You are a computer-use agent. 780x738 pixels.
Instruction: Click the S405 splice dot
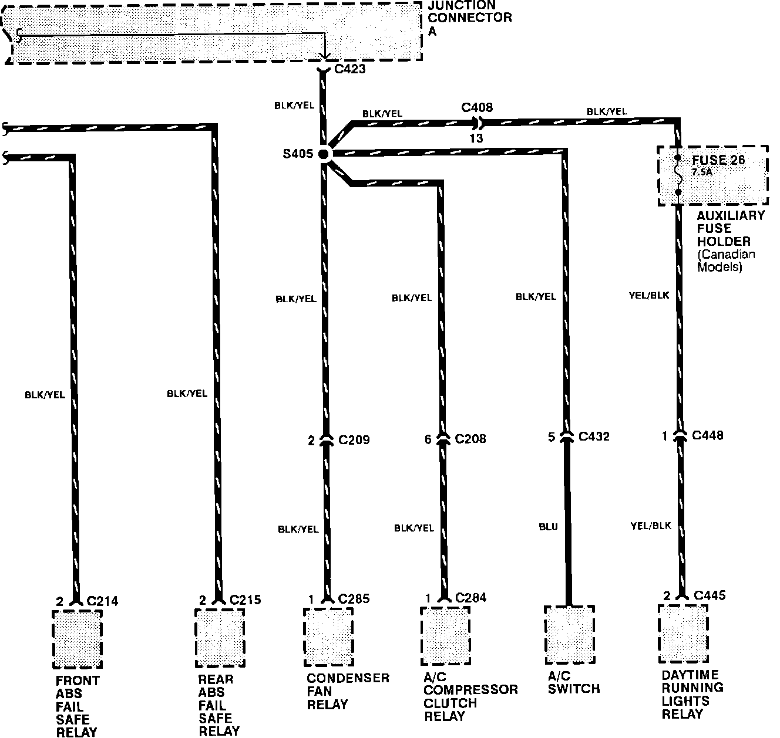[x=324, y=154]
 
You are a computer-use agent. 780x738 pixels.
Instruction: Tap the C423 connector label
[x=349, y=69]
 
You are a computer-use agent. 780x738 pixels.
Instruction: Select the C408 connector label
[x=477, y=107]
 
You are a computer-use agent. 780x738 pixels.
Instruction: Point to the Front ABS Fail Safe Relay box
[x=77, y=639]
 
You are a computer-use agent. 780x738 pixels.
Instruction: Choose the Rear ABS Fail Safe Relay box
[x=220, y=638]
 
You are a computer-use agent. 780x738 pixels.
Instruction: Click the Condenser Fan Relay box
[x=328, y=637]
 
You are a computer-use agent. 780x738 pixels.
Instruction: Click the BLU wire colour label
[x=548, y=527]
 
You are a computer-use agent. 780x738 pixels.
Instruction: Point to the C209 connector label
[x=354, y=440]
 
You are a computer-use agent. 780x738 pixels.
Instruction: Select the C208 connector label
[x=470, y=439]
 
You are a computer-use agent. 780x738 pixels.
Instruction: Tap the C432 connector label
[x=594, y=436]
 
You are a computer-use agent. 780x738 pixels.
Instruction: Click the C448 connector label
[x=708, y=435]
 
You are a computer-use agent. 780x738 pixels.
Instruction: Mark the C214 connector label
[x=102, y=601]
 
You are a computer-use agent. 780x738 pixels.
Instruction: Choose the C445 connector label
[x=710, y=595]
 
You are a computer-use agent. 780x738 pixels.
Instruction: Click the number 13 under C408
[x=476, y=138]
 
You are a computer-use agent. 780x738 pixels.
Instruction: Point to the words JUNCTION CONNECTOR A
[x=470, y=18]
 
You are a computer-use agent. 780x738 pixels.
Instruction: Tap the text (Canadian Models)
[x=726, y=260]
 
